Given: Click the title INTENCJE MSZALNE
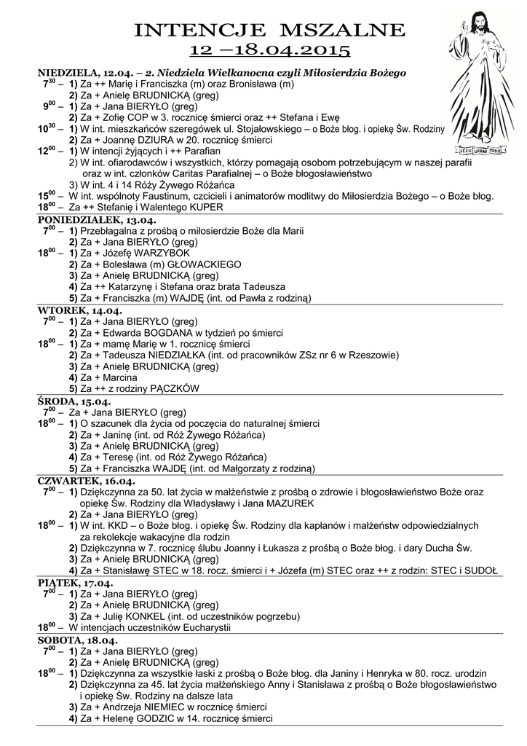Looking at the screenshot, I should click(x=269, y=30).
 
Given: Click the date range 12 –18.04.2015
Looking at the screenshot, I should click(x=269, y=50).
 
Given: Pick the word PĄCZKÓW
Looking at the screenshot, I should click(x=173, y=390).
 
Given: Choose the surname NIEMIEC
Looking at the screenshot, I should click(x=161, y=707).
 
